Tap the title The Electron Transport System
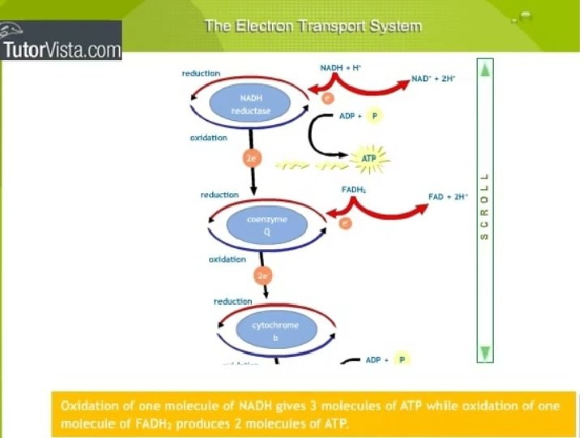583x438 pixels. pyautogui.click(x=313, y=26)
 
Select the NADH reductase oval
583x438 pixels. pyautogui.click(x=250, y=103)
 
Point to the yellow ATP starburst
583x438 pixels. pyautogui.click(x=369, y=158)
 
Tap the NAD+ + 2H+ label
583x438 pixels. pyautogui.click(x=433, y=79)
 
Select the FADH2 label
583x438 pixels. pyautogui.click(x=355, y=190)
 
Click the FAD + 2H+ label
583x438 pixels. pyautogui.click(x=449, y=196)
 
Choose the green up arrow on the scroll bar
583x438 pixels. pyautogui.click(x=485, y=71)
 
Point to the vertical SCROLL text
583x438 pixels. pyautogui.click(x=485, y=207)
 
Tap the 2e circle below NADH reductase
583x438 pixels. pyautogui.click(x=252, y=158)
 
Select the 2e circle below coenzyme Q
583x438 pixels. pyautogui.click(x=262, y=276)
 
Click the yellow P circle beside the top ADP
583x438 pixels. pyautogui.click(x=373, y=116)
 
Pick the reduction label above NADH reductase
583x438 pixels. pyautogui.click(x=201, y=73)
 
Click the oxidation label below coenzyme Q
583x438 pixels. pyautogui.click(x=227, y=260)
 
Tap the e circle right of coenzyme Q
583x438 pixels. pyautogui.click(x=346, y=222)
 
